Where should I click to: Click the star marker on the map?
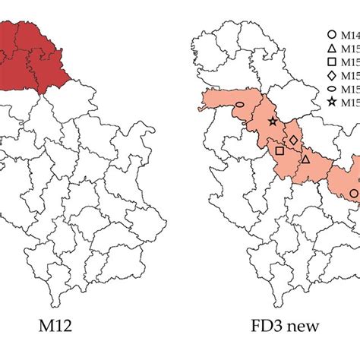point(273,122)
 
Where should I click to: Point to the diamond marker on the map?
point(294,141)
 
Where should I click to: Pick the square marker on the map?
point(279,151)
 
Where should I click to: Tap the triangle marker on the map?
point(305,159)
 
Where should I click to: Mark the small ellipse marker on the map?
point(240,104)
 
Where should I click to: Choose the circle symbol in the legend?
point(331,34)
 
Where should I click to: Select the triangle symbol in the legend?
point(331,48)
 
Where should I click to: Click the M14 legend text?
point(350,34)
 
